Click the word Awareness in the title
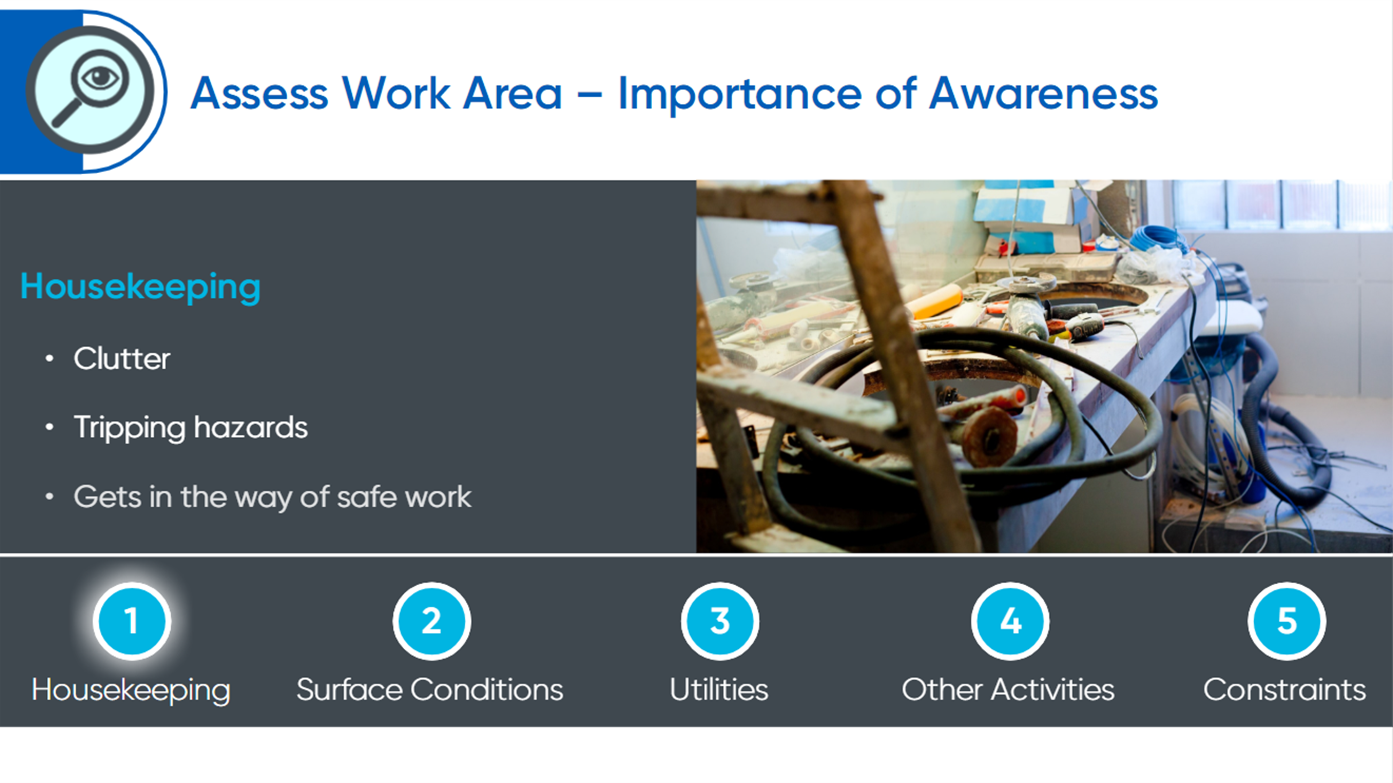(x=1044, y=94)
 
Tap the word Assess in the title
(x=259, y=94)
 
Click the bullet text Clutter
(x=122, y=359)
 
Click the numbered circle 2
(x=431, y=621)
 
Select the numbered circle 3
(x=720, y=621)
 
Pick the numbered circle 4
(x=1010, y=621)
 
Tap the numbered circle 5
(x=1287, y=621)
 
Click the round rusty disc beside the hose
(x=991, y=437)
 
